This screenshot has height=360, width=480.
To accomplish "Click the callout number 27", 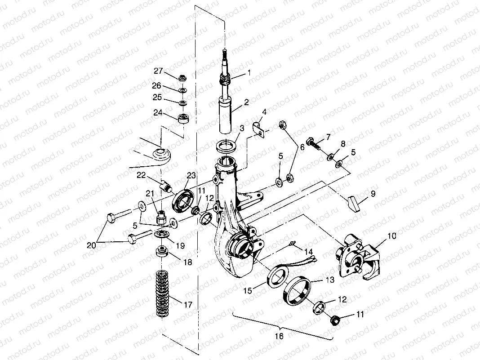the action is (x=158, y=71).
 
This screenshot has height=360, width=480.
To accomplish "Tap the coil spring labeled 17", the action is (x=162, y=293).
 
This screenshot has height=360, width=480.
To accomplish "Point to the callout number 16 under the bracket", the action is (x=279, y=336).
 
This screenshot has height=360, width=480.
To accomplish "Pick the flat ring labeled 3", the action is (x=227, y=145).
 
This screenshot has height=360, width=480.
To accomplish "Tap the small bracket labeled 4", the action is (x=258, y=129).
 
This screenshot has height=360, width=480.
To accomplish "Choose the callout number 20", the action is (x=91, y=245).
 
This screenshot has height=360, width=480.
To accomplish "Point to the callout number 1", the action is (x=249, y=73).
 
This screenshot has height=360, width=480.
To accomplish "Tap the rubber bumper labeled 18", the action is (x=162, y=252).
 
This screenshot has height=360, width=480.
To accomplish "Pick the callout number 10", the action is (x=392, y=236).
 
